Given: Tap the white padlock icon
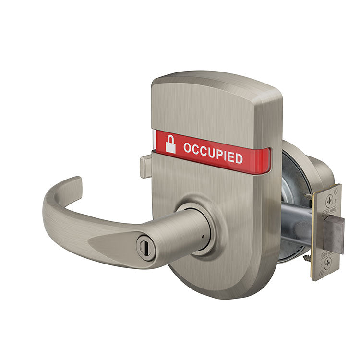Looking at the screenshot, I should [170, 144].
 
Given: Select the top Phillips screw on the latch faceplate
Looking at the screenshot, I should [330, 201].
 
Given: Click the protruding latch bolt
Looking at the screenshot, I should [334, 234].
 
